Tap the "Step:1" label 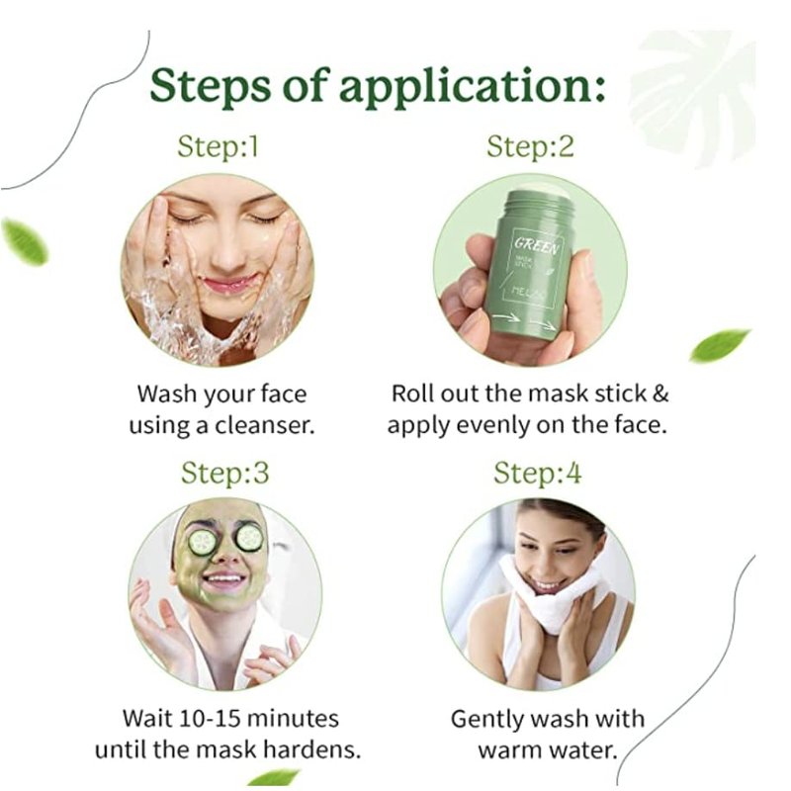click(x=218, y=146)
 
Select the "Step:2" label click(x=531, y=146)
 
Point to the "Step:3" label click(x=225, y=474)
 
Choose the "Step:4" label click(x=537, y=474)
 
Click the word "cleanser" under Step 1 click(x=265, y=426)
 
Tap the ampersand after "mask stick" click(x=659, y=394)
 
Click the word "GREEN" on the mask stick click(x=536, y=246)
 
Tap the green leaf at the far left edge click(x=24, y=241)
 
